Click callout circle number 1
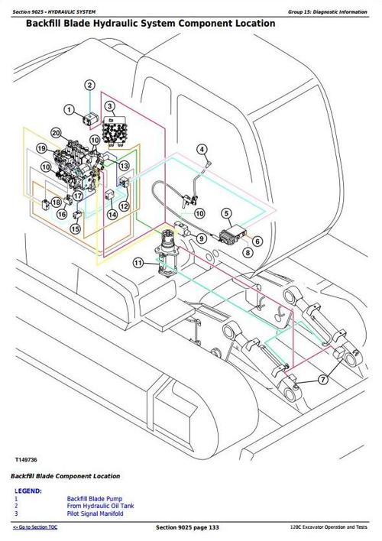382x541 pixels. point(70,110)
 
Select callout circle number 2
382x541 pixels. point(89,85)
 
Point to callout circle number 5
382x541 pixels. point(227,213)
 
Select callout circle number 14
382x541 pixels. point(112,215)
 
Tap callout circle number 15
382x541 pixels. point(76,228)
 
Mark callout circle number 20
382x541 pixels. point(56,133)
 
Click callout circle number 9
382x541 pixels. point(201,239)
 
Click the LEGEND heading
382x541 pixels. point(28,491)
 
